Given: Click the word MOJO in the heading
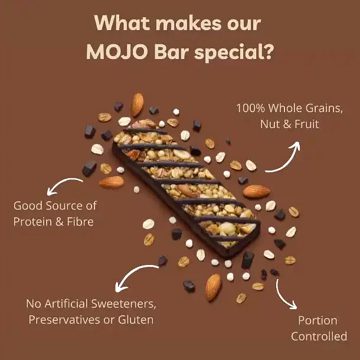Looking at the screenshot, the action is pyautogui.click(x=117, y=51).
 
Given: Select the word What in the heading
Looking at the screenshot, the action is pyautogui.click(x=122, y=23).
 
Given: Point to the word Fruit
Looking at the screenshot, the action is pyautogui.click(x=307, y=124).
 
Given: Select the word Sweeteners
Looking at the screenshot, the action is pyautogui.click(x=123, y=304).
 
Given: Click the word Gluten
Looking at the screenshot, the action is pyautogui.click(x=136, y=320).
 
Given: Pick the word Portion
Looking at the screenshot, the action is pyautogui.click(x=318, y=320).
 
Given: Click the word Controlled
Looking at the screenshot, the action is pyautogui.click(x=319, y=336).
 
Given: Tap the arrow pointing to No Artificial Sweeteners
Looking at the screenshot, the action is pyautogui.click(x=132, y=274).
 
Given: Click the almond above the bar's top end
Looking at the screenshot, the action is pyautogui.click(x=138, y=104).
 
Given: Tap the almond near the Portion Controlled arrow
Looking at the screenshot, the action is pyautogui.click(x=213, y=287).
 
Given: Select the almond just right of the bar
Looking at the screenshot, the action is pyautogui.click(x=256, y=191).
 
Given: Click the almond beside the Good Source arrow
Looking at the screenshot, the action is pyautogui.click(x=112, y=182).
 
